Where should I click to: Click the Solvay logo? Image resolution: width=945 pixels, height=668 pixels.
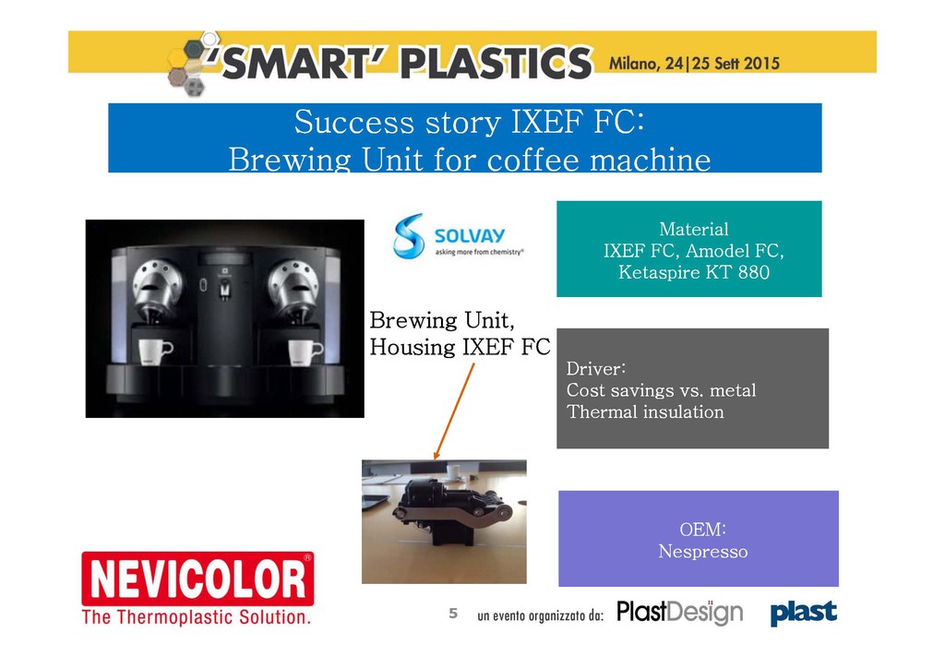pos(458,236)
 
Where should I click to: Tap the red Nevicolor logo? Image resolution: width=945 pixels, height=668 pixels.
pos(197,579)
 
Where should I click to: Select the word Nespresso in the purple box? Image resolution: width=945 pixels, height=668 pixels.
pos(702,551)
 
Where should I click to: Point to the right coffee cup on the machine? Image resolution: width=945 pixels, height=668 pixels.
pos(305,352)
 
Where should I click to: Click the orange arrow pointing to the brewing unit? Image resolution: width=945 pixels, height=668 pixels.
pos(454,412)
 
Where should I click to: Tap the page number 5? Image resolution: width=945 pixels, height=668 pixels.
pos(453,614)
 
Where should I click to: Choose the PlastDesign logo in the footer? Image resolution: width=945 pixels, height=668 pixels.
pos(680,613)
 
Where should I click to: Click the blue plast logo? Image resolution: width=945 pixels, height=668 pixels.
pos(804,613)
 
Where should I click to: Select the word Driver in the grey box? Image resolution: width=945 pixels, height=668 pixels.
pos(595,369)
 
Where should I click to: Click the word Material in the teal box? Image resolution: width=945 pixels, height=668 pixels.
pos(694,229)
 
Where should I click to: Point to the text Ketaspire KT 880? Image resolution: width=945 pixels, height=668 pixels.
pos(694,272)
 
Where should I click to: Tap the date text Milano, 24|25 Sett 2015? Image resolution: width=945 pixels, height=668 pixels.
pos(694,64)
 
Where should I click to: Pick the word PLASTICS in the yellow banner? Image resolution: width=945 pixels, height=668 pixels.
pos(496,63)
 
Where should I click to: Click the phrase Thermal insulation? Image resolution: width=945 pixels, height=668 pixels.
pos(645,412)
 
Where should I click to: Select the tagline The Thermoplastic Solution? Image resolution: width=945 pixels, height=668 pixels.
pos(197,617)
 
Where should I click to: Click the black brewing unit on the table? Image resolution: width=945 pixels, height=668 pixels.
pos(452,511)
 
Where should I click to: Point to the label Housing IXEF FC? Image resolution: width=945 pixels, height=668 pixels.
pos(460,347)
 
